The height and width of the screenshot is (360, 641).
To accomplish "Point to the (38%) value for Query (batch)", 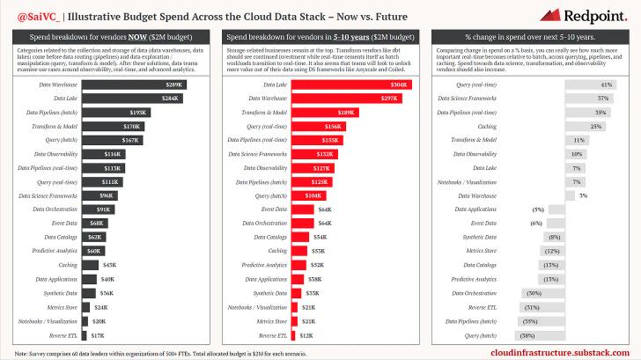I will (527, 335).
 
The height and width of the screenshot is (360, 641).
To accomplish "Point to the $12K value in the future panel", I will (306, 335).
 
